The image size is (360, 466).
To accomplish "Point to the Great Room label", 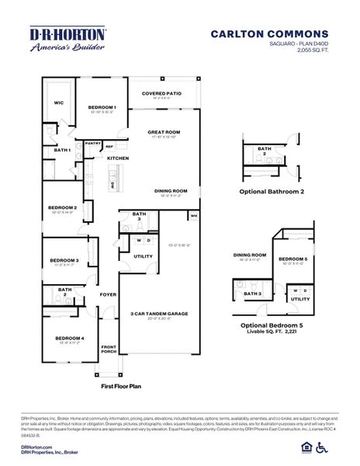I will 164,132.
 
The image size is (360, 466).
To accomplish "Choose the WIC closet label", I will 58,102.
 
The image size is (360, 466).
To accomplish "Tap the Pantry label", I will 93,143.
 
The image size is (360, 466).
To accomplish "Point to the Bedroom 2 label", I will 62,207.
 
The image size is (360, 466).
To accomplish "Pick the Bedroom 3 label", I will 64,260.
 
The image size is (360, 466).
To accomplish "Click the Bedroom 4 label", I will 68,338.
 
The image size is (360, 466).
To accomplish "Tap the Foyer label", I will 108,294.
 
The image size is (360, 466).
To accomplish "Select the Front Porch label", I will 109,349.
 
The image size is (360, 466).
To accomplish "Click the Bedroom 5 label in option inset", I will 293,259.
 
